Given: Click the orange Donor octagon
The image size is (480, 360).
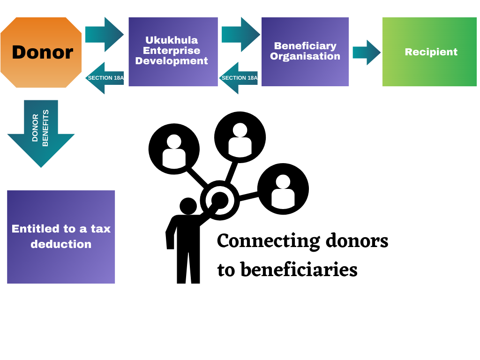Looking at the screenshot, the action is point(41,52).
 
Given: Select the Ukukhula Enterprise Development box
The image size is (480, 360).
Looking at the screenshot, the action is point(173,52).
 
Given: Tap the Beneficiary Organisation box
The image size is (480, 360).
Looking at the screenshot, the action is point(305,52).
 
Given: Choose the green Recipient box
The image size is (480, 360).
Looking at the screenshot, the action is point(429,52).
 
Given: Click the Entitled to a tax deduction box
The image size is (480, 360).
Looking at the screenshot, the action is point(61,237).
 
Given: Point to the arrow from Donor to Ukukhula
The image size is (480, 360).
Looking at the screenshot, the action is point(105,35).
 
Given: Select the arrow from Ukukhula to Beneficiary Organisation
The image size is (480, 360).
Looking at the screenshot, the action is point(241,35).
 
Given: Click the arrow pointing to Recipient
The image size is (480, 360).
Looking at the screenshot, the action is point(367,52).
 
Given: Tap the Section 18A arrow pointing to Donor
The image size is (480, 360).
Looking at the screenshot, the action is point(105,78).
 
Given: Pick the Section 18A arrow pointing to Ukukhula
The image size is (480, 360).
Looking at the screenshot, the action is point(239,78).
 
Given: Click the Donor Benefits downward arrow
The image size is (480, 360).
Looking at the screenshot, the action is point(41,134).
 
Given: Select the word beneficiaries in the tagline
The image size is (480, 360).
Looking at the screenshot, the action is point(299,270).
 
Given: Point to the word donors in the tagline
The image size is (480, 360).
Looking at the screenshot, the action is point(357,240).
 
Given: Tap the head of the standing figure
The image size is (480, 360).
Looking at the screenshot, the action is point(188,206).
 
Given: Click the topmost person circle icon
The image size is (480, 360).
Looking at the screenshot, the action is point(240,137).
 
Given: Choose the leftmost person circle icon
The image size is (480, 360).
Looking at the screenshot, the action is point(174,149).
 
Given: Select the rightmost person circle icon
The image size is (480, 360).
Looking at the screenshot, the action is point(283,189).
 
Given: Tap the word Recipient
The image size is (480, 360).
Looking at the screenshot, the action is point(431,52).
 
